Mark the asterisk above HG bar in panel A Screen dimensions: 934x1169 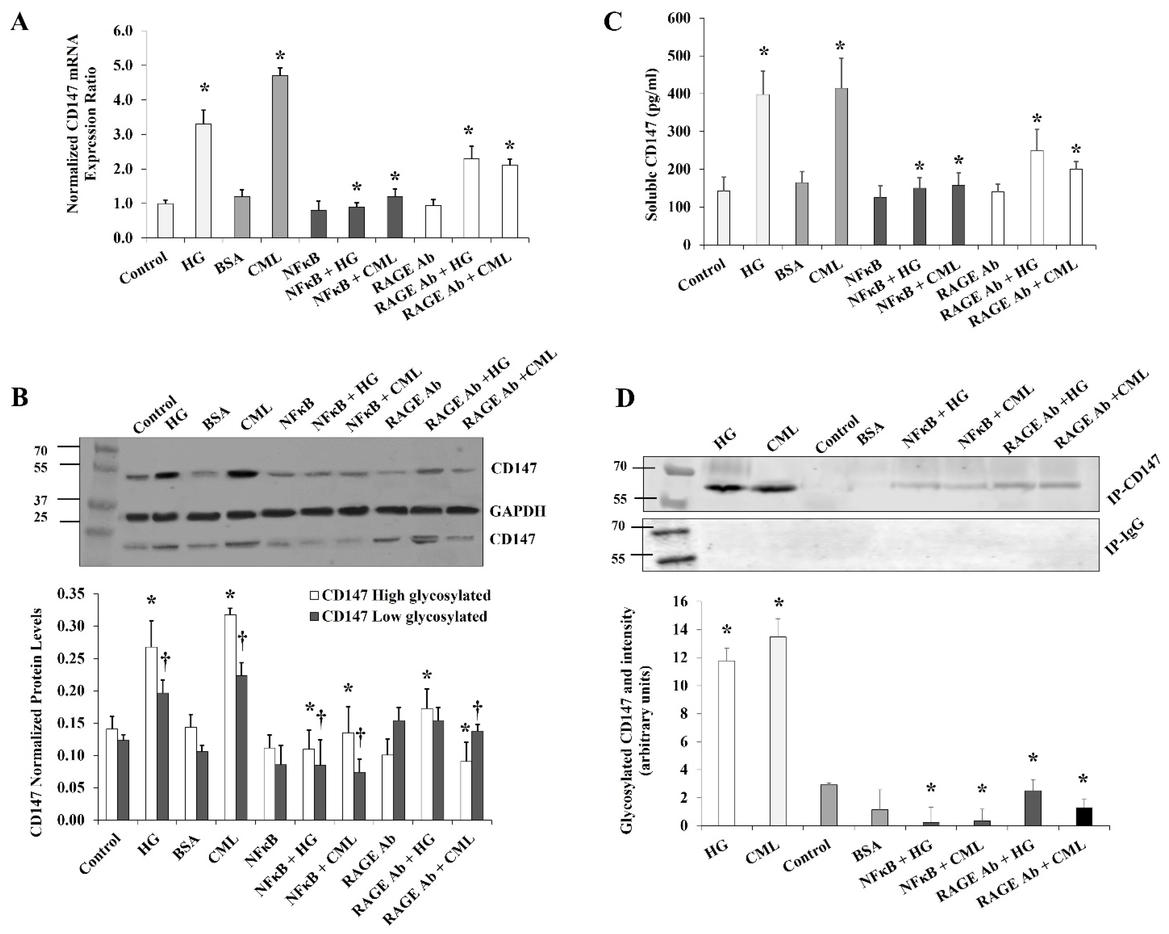(x=204, y=88)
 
